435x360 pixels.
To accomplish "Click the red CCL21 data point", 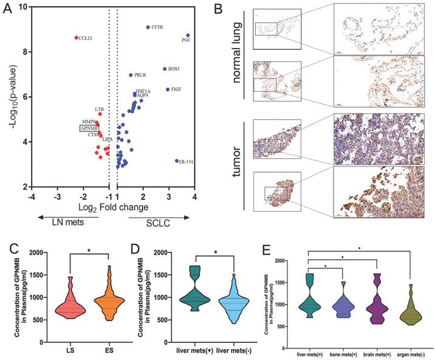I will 77,38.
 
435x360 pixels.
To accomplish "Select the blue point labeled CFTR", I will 148,27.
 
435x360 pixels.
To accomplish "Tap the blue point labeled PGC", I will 188,35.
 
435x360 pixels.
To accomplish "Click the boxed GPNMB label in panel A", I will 89,128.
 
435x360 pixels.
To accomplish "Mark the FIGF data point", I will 168,89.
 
